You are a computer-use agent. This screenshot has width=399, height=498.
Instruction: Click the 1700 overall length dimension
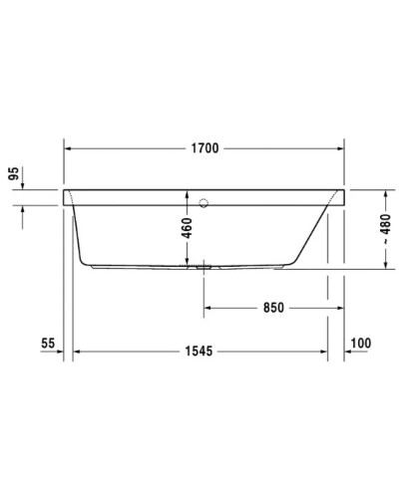click(x=204, y=149)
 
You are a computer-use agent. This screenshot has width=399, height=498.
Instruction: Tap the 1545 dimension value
click(x=203, y=352)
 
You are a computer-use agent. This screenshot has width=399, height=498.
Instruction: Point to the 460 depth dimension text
click(x=187, y=228)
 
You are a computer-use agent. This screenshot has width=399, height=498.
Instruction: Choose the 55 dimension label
click(x=46, y=344)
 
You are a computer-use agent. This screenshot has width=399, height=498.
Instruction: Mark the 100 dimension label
click(x=360, y=344)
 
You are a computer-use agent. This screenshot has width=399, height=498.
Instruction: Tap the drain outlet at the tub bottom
click(x=204, y=266)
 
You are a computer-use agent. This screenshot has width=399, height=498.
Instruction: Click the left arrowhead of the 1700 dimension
click(x=69, y=149)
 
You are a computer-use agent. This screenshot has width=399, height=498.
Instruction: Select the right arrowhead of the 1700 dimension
click(x=341, y=149)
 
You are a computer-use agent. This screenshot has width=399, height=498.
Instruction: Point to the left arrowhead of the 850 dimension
click(x=208, y=308)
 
